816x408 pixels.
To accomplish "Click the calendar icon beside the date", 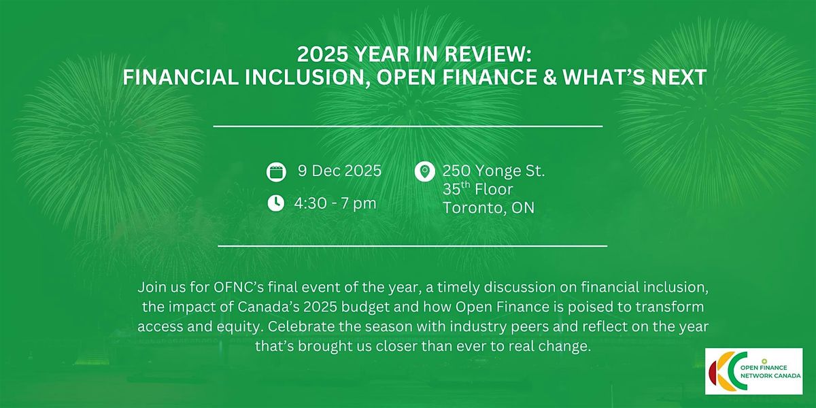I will pos(275,172).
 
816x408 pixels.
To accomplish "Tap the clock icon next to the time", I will pos(275,203).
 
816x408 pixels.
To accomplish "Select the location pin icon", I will pos(424,171).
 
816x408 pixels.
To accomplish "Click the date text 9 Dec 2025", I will pos(339,171).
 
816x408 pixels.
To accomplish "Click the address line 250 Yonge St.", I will pos(494,171).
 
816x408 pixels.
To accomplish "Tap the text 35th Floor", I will pos(477,189).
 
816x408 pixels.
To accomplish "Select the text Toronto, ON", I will pos(488,208).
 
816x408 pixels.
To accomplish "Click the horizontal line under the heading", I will pos(408,126).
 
